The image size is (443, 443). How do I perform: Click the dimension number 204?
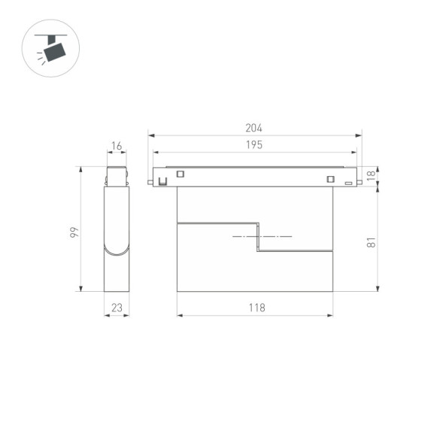pyautogui.click(x=253, y=129)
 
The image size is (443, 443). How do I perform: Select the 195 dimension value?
pyautogui.click(x=253, y=145)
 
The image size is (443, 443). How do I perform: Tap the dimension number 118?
pyautogui.click(x=255, y=308)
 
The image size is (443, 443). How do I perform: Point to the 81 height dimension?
pyautogui.click(x=371, y=242)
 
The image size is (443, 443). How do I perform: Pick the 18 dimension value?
pyautogui.click(x=370, y=175)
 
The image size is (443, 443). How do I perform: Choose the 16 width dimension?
pyautogui.click(x=117, y=145)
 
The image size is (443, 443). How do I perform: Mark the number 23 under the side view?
pyautogui.click(x=117, y=308)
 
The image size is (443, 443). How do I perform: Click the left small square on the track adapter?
pyautogui.click(x=181, y=174)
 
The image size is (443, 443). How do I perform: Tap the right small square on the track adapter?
pyautogui.click(x=329, y=178)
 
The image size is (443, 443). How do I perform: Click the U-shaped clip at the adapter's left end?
pyautogui.click(x=160, y=181)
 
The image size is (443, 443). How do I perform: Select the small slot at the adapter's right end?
pyautogui.click(x=348, y=182)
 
